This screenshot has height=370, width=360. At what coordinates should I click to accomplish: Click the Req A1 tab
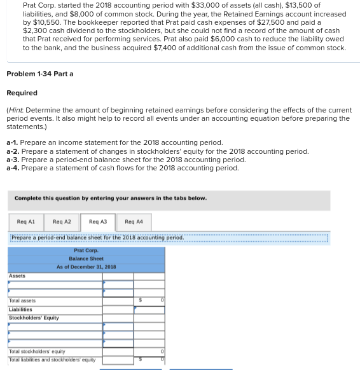click(26, 222)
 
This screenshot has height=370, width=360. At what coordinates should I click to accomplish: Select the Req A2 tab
click(62, 222)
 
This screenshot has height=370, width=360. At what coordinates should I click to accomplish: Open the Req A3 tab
click(98, 222)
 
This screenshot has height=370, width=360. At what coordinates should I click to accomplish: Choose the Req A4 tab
click(134, 222)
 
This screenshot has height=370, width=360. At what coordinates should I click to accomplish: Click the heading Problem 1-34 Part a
click(39, 74)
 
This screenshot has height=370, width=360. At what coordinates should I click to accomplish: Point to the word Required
click(22, 93)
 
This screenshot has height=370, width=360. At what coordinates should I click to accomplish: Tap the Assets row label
click(17, 276)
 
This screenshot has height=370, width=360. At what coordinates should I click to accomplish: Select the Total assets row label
click(22, 301)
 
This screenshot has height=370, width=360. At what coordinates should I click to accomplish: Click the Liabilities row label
click(21, 309)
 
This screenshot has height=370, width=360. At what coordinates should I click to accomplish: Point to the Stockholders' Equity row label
click(34, 317)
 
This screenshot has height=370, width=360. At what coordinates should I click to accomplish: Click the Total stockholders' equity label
click(36, 352)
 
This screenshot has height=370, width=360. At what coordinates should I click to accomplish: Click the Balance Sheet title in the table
click(86, 259)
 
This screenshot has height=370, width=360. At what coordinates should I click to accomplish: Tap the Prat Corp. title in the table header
click(86, 250)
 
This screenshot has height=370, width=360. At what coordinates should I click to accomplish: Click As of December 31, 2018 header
click(86, 267)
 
